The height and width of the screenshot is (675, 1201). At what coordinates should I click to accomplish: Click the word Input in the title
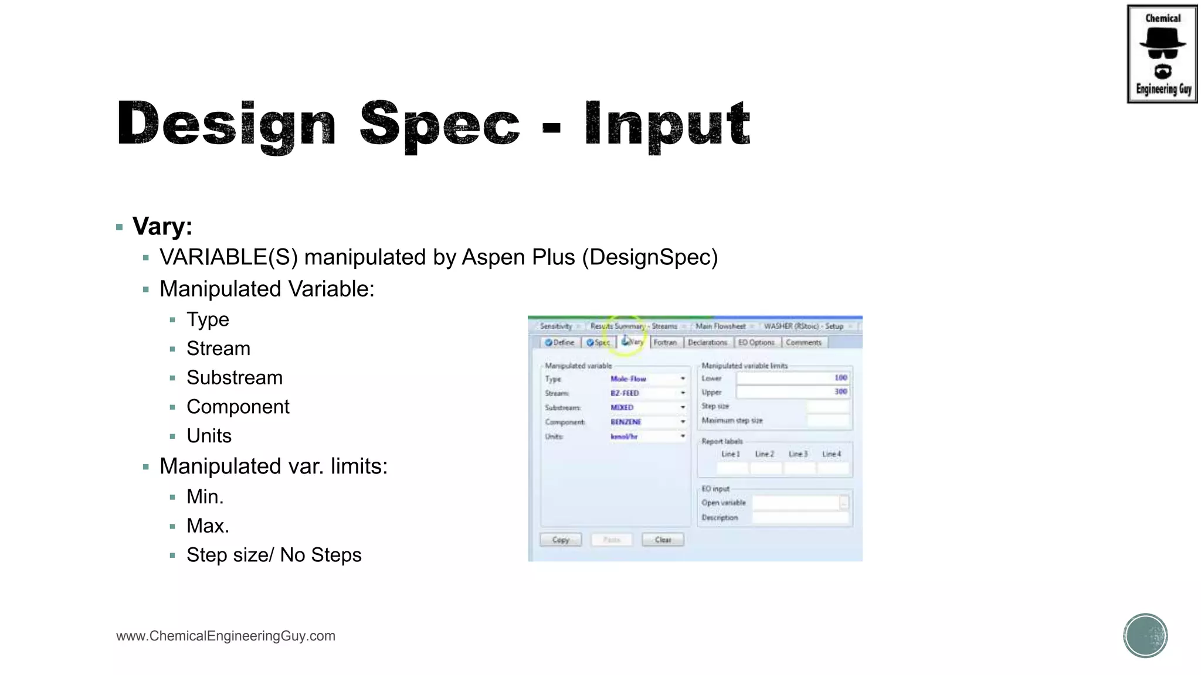coord(667,124)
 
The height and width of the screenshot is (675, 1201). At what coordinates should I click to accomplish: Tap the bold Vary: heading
coord(162,226)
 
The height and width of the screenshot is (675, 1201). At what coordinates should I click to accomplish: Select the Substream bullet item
coord(234,378)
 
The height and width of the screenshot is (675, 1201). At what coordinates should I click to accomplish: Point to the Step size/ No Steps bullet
coord(274,555)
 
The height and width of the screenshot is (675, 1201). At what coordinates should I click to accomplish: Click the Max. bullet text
coord(208,526)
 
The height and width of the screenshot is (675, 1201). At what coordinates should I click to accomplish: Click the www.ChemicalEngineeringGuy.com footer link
coord(226,636)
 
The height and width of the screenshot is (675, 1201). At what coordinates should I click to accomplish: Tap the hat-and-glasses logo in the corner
coord(1162,54)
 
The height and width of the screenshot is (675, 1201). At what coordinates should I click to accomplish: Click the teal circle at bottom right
coord(1145,636)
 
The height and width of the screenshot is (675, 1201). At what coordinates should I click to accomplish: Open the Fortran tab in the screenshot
coord(665,342)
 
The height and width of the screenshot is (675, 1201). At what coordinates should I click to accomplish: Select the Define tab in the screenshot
coord(559,342)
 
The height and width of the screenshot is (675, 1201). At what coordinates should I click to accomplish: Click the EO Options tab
coord(756,342)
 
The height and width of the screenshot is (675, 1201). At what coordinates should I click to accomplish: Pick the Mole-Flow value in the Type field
coord(628,379)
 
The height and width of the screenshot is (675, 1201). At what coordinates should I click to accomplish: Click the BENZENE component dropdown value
coord(626,422)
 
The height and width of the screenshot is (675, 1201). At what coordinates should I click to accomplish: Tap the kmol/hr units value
coord(624,437)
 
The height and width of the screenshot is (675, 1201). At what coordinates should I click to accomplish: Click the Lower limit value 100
coord(840,378)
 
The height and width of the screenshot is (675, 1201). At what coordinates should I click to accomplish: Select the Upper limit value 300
coord(840,391)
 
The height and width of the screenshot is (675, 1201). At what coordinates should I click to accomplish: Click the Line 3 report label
coord(798,454)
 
